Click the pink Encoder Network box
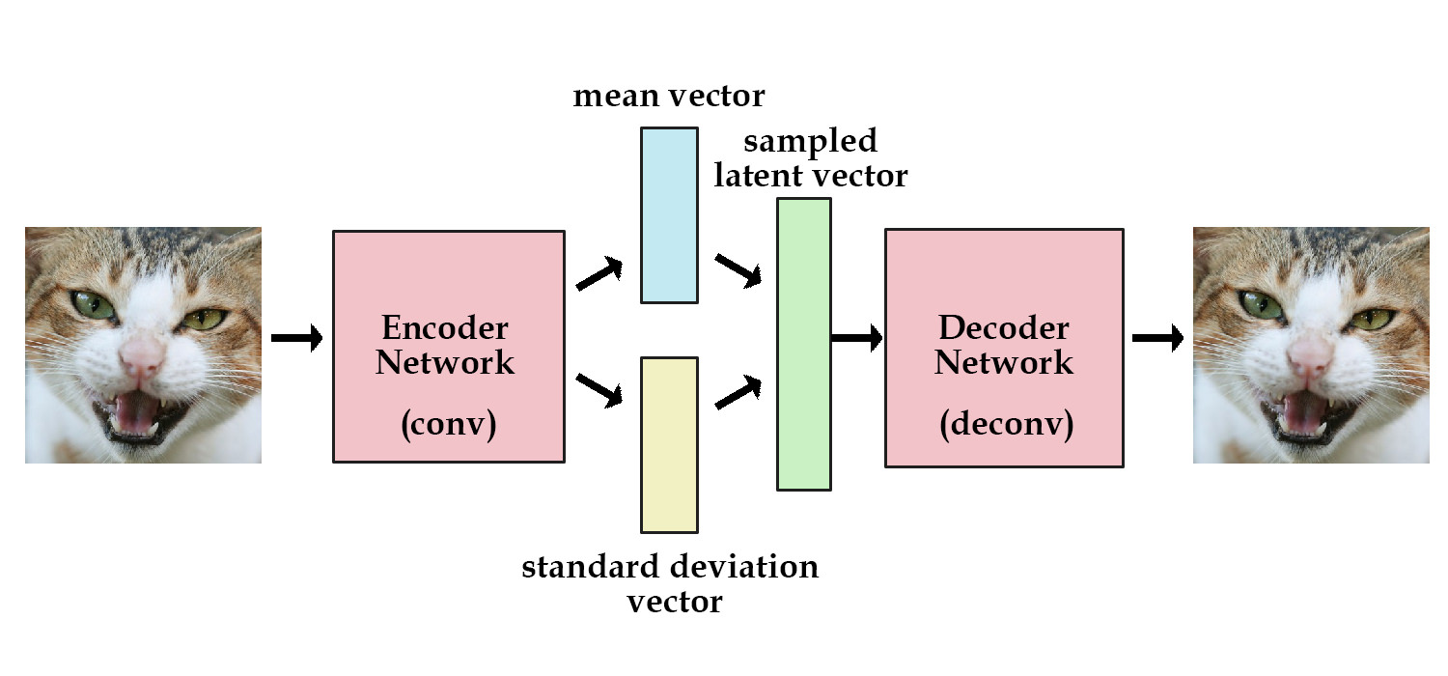pos(448,290)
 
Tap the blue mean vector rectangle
pos(669,214)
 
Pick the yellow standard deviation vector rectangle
pos(669,444)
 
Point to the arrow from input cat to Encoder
pos(296,339)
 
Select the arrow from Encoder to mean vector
pos(599,274)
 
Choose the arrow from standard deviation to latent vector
pos(738,392)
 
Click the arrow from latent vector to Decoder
pos(856,338)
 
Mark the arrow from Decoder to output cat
pos(1157,338)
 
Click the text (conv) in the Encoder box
pos(448,426)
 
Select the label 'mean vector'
pos(668,97)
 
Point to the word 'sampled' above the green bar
pos(810,142)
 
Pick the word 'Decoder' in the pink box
pos(1004,328)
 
